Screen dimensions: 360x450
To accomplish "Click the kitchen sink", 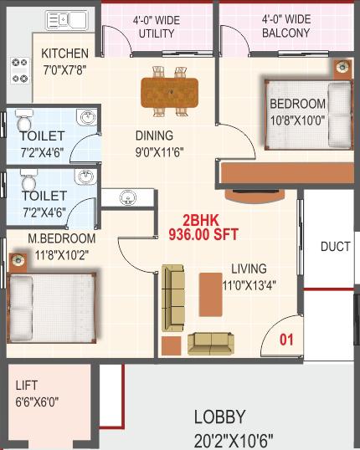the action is (67, 20).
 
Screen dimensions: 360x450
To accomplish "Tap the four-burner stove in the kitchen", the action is (20, 70).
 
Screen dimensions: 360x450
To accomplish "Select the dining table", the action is (169, 92).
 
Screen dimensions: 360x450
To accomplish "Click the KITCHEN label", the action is (65, 54).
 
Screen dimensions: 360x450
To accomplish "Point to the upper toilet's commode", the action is (24, 120).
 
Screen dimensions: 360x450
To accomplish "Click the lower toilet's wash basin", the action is (85, 176).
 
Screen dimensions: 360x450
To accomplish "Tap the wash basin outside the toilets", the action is (127, 197).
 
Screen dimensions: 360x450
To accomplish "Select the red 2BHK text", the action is (201, 221).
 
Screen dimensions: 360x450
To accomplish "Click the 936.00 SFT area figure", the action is (203, 234).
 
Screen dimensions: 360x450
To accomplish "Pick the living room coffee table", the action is (211, 294).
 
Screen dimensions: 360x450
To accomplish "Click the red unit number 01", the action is (286, 340).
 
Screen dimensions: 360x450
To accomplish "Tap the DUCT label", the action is (336, 247).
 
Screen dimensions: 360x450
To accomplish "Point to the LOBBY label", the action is (220, 417).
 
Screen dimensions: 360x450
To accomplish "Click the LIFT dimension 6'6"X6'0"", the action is (37, 402).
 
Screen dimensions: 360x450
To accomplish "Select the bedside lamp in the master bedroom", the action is (18, 261).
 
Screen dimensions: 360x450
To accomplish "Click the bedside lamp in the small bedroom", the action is (342, 68).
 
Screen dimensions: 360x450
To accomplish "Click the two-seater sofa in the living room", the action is (211, 343).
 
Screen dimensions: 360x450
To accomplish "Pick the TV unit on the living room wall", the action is (255, 196).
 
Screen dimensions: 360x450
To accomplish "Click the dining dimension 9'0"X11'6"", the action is (159, 152).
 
